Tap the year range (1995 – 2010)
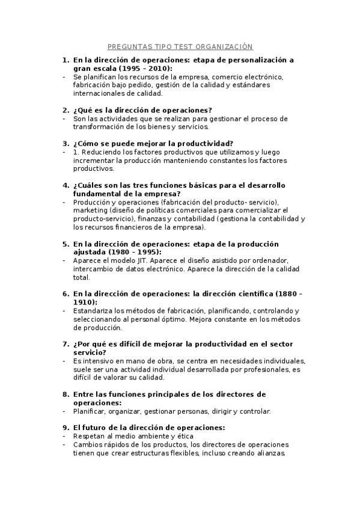pyautogui.click(x=124, y=69)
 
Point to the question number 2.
pyautogui.click(x=66, y=110)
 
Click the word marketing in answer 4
pyautogui.click(x=91, y=210)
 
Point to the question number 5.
pyautogui.click(x=66, y=244)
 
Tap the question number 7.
pyautogui.click(x=66, y=344)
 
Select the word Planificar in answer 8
pyautogui.click(x=90, y=411)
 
